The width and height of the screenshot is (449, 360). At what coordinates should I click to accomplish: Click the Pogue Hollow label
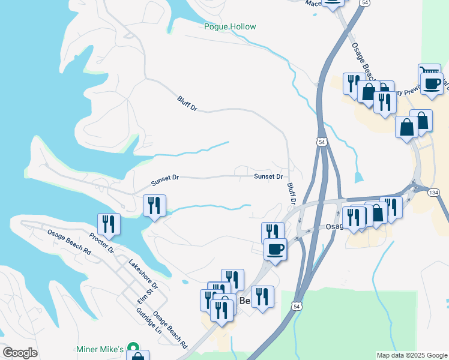pyautogui.click(x=230, y=26)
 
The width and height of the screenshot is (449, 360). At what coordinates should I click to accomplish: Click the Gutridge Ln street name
pyautogui.click(x=149, y=322)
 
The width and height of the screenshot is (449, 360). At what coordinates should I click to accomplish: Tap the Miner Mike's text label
pyautogui.click(x=100, y=349)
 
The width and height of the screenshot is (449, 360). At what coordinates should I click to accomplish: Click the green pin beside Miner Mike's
pyautogui.click(x=135, y=348)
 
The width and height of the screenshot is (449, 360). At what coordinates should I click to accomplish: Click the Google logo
pyautogui.click(x=20, y=353)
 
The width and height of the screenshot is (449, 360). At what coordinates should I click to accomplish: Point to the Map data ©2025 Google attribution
pyautogui.click(x=411, y=355)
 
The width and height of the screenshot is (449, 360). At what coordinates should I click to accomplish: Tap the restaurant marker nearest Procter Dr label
pyautogui.click(x=109, y=224)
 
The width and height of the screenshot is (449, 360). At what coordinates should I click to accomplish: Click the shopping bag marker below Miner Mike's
pyautogui.click(x=137, y=358)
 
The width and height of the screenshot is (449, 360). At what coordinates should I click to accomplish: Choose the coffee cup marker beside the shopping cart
pyautogui.click(x=432, y=83)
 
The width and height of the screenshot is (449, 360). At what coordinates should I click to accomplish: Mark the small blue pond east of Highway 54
pyautogui.click(x=359, y=178)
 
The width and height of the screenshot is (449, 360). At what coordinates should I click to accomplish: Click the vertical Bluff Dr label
pyautogui.click(x=292, y=193)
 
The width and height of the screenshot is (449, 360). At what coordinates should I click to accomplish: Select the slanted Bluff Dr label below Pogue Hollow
pyautogui.click(x=187, y=104)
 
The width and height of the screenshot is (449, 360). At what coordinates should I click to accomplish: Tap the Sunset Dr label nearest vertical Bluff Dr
pyautogui.click(x=268, y=176)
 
